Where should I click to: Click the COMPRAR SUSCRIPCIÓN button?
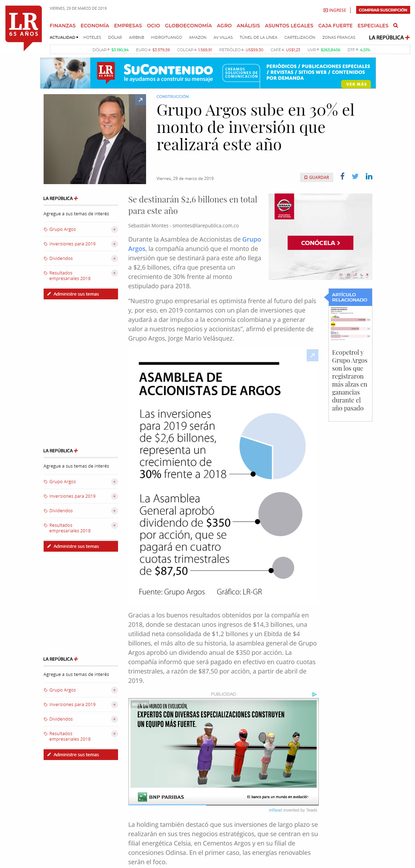pyautogui.click(x=383, y=10)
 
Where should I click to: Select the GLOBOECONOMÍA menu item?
pyautogui.click(x=188, y=26)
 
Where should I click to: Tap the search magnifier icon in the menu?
pyautogui.click(x=396, y=26)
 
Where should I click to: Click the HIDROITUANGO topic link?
pyautogui.click(x=166, y=37)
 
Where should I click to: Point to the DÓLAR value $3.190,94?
pyautogui.click(x=120, y=50)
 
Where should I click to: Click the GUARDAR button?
pyautogui.click(x=316, y=177)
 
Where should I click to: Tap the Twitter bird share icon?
pyautogui.click(x=355, y=177)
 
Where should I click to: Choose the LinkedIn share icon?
pyautogui.click(x=369, y=177)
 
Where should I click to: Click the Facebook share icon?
pyautogui.click(x=342, y=176)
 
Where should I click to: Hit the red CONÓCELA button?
pyautogui.click(x=320, y=243)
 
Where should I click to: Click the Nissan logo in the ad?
pyautogui.click(x=284, y=206)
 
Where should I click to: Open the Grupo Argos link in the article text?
pyautogui.click(x=251, y=239)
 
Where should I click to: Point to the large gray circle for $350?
pyautogui.click(x=280, y=514)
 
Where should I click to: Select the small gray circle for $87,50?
pyautogui.click(x=283, y=568)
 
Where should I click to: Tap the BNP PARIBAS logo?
pyautogui.click(x=161, y=797)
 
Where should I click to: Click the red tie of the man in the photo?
pyautogui.click(x=104, y=156)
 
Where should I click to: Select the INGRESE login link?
pyautogui.click(x=335, y=10)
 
